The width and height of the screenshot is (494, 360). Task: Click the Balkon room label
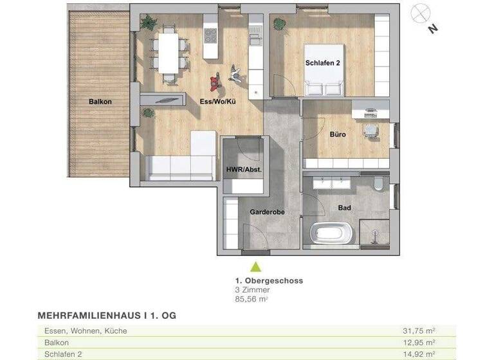101,102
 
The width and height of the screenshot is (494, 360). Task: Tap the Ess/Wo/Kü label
199,102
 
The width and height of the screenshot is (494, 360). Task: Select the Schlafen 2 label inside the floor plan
322,63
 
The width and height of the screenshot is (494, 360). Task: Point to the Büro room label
338,135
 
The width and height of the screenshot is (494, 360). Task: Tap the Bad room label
344,208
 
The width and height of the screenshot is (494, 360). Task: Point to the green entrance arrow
256,266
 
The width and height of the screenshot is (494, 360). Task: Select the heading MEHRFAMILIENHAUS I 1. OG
107,316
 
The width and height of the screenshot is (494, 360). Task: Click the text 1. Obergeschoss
269,281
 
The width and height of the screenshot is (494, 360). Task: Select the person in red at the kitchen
214,82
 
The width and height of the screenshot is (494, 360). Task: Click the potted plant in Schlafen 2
280,24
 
